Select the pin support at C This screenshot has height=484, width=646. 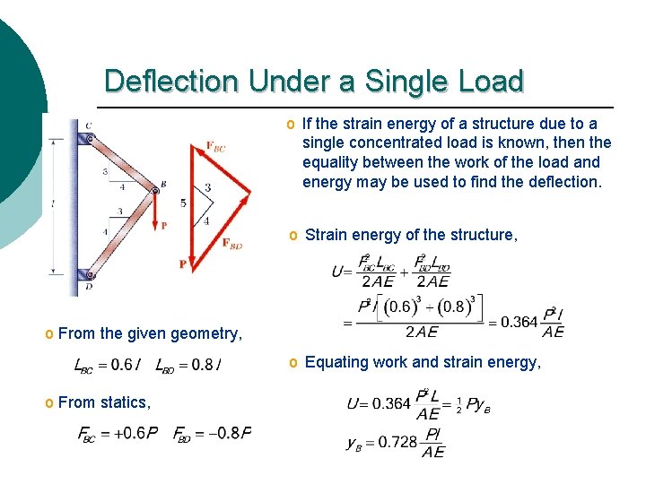point(86,138)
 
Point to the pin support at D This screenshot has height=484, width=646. point(86,273)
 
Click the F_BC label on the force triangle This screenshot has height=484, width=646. point(215,146)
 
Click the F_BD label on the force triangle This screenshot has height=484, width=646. point(232,243)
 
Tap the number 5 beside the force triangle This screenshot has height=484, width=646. point(183,203)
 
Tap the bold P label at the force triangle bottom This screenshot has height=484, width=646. point(183,264)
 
